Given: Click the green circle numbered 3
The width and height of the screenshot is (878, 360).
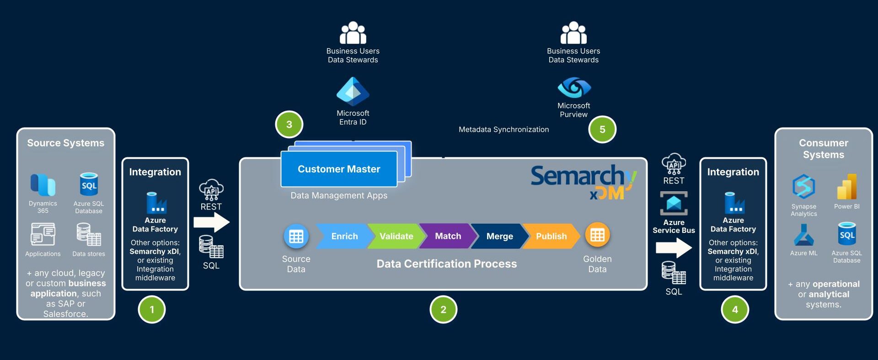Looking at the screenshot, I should click(289, 124).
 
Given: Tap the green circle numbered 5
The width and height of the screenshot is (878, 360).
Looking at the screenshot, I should click(602, 129).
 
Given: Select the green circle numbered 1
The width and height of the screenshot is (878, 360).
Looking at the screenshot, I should click(152, 310).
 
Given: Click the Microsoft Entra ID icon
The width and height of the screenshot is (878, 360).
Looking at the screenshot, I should click(353, 91).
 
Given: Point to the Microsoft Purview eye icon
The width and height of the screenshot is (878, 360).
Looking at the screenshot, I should click(574, 87).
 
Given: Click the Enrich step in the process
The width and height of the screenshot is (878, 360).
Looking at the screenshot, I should click(344, 236).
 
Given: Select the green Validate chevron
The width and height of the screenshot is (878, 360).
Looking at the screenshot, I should click(396, 236).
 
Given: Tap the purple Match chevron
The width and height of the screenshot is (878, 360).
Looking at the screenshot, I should click(448, 236).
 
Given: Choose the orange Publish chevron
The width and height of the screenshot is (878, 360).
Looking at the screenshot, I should click(551, 236).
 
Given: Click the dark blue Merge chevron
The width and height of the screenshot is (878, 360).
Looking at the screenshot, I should click(499, 236).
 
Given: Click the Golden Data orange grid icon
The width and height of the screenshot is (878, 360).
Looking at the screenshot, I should click(597, 235).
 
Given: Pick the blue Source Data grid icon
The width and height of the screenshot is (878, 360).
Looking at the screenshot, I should click(296, 236).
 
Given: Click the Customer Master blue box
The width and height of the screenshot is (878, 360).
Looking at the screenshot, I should click(339, 169).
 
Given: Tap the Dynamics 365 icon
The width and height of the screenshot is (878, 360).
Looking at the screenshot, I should click(43, 185).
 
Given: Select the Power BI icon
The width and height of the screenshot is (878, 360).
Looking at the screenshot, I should click(846, 187).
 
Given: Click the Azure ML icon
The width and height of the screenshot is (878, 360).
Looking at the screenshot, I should click(803, 236).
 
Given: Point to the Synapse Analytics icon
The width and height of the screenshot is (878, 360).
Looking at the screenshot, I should click(803, 187).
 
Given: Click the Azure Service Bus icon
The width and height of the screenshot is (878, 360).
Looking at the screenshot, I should click(674, 203).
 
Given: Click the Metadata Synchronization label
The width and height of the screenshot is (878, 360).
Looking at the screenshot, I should click(503, 129).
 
